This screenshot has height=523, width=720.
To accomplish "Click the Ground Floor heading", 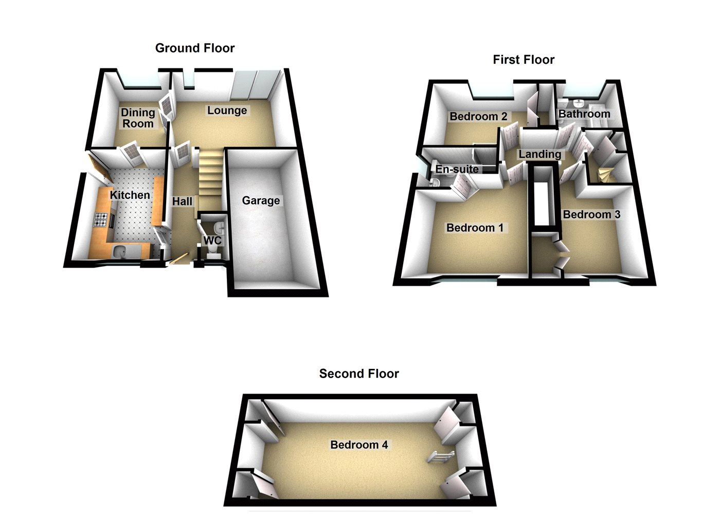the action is (x=195, y=48).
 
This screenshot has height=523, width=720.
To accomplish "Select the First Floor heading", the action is (x=524, y=60).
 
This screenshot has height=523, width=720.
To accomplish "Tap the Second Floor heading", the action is (x=359, y=373).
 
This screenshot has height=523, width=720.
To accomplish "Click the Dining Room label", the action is (x=138, y=118).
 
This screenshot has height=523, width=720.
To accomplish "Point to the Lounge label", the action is (x=227, y=110).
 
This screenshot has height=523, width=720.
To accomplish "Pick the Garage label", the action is (x=261, y=200).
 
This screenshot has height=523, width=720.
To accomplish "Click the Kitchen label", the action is (x=130, y=195).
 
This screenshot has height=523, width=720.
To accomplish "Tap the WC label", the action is (x=212, y=240).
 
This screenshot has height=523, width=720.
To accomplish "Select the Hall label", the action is (x=182, y=201).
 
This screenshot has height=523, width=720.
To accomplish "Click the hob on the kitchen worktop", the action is (x=101, y=220).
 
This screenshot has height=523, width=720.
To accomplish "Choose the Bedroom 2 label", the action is (x=478, y=117).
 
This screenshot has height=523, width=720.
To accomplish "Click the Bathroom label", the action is (x=584, y=114).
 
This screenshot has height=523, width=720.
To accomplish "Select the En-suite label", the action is (x=457, y=169).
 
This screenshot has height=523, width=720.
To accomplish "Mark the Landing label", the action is (x=539, y=154).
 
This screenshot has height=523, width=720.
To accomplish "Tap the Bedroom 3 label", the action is (x=591, y=214).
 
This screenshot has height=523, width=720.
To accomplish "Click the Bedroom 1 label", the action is (x=475, y=228).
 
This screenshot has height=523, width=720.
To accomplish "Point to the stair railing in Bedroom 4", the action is (x=441, y=456).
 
